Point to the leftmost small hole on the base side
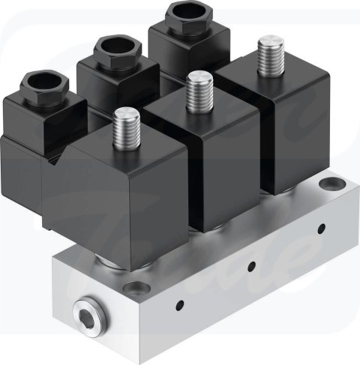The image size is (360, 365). coord(180,304)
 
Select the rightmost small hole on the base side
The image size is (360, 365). coord(321,227)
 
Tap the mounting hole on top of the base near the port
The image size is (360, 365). coord(135,286)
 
